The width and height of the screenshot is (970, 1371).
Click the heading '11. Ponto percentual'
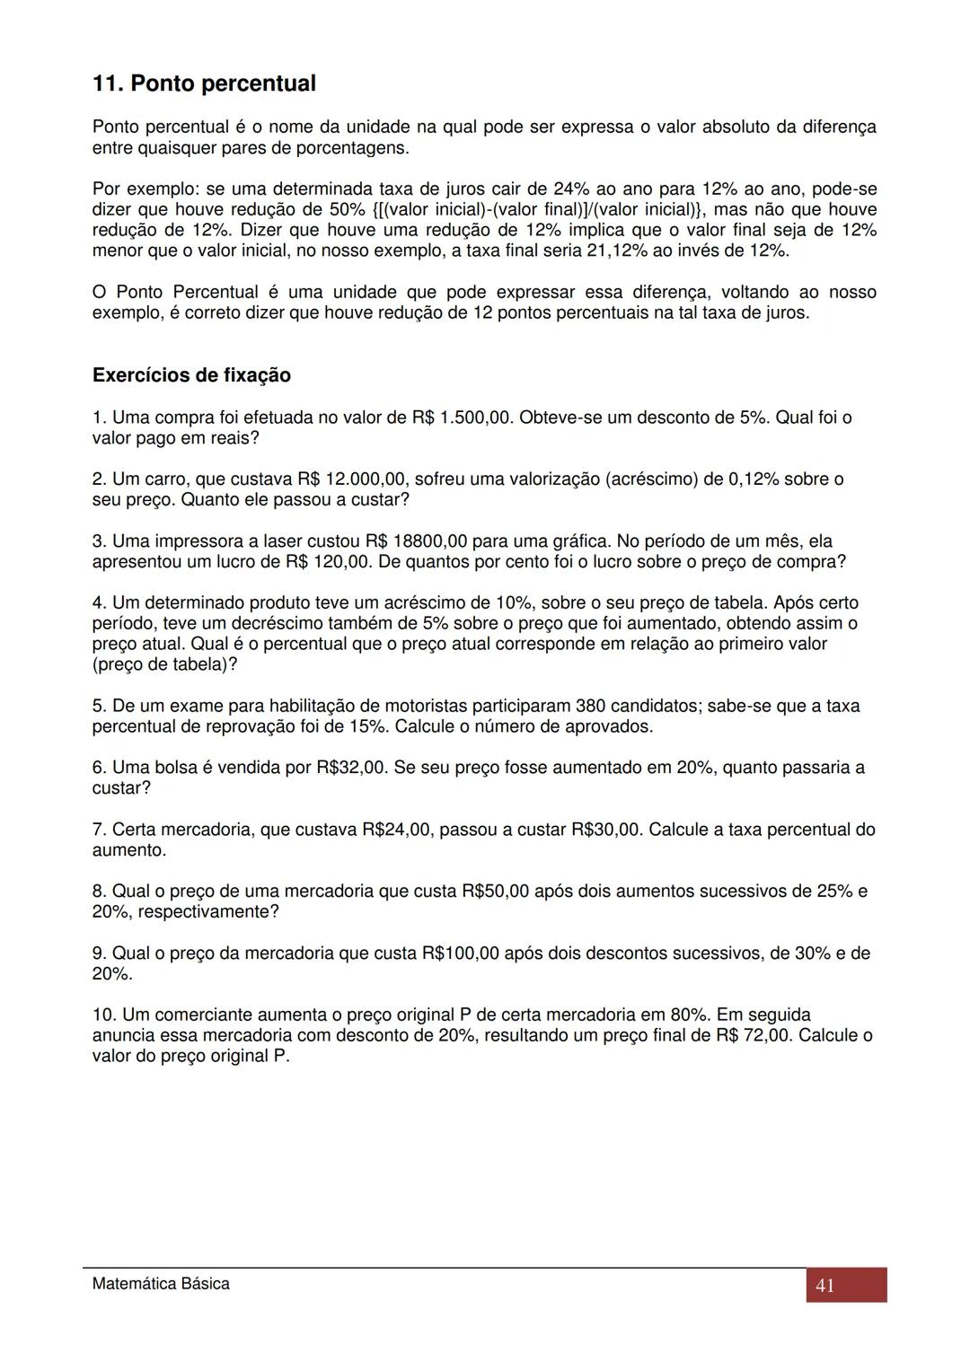point(204,83)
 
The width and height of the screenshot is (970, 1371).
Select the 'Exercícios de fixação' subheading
point(191,375)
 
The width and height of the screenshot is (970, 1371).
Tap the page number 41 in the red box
point(824,1286)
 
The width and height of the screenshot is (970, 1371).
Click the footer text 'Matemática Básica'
point(161,1284)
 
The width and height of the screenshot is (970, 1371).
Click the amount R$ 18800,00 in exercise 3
point(417,541)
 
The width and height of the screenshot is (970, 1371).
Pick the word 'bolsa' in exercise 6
point(175,768)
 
